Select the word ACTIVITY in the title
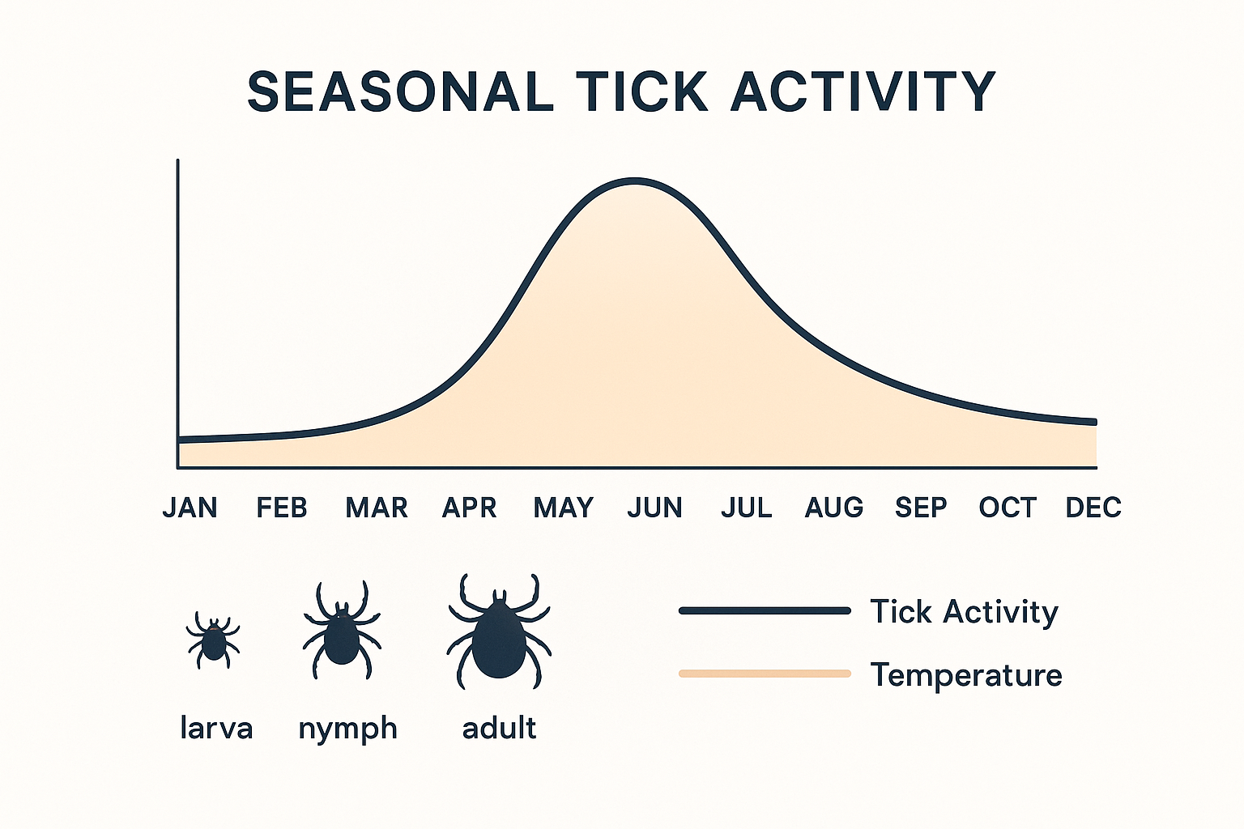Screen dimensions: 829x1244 pyautogui.click(x=863, y=91)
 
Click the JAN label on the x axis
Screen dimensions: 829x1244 pyautogui.click(x=190, y=508)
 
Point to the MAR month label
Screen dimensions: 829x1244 pyautogui.click(x=377, y=508)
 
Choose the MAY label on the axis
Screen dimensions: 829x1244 pyautogui.click(x=564, y=508)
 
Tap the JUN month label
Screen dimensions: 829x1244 pyautogui.click(x=655, y=508)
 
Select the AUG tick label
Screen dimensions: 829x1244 pyautogui.click(x=834, y=508)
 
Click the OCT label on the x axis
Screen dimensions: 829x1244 pyautogui.click(x=1008, y=508)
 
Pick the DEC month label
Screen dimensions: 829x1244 pyautogui.click(x=1093, y=508)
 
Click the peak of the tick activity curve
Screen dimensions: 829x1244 pyautogui.click(x=635, y=181)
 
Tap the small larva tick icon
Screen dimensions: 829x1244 pyautogui.click(x=213, y=640)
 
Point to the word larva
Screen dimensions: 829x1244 pyautogui.click(x=216, y=728)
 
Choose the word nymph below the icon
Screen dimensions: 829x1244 pyautogui.click(x=348, y=729)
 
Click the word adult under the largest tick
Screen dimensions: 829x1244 pyautogui.click(x=499, y=728)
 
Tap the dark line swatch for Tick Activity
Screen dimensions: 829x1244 pyautogui.click(x=765, y=610)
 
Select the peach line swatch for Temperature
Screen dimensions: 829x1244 pyautogui.click(x=765, y=674)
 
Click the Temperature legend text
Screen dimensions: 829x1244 pyautogui.click(x=966, y=674)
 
